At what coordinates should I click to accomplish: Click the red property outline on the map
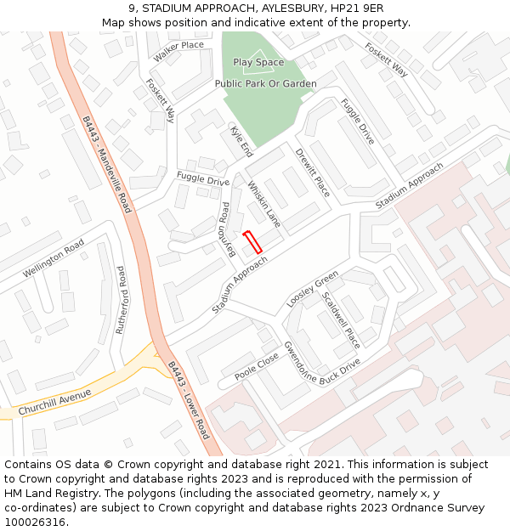252,242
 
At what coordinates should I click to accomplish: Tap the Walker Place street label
179,51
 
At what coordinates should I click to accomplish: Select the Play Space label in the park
258,62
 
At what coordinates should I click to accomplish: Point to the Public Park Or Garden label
265,84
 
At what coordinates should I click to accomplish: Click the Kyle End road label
241,141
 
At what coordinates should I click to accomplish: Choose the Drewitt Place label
312,172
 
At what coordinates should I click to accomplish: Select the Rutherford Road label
122,299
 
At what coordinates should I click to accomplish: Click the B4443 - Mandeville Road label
108,164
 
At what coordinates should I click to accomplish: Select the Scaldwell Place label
341,320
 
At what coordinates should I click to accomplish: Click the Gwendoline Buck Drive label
321,365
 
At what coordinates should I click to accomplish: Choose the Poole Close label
257,365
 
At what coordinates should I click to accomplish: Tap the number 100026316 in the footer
35,523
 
